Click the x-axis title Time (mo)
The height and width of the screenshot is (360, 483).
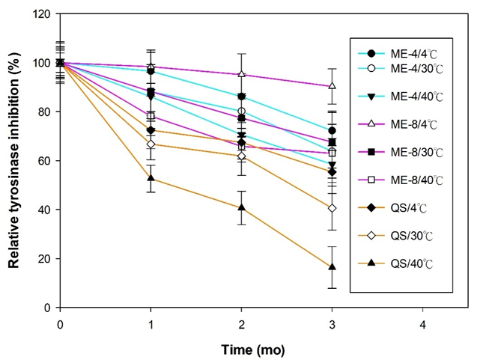click(252, 349)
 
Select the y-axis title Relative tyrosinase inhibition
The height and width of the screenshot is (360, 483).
click(13, 161)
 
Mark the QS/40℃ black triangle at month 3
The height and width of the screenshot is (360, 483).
click(332, 267)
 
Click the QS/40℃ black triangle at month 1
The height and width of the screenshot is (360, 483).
click(151, 178)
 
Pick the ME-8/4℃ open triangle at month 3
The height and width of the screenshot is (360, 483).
click(332, 85)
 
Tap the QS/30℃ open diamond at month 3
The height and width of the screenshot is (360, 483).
click(332, 208)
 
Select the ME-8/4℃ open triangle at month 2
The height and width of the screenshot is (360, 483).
click(241, 74)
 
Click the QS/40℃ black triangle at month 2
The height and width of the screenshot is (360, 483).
click(241, 207)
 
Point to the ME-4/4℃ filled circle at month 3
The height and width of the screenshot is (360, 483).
click(332, 130)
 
